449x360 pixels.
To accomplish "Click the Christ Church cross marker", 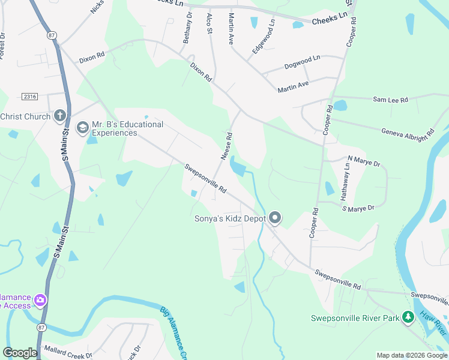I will pyautogui.click(x=59, y=115).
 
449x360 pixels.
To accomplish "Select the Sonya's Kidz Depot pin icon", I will pyautogui.click(x=275, y=218).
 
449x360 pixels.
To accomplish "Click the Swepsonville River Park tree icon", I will pyautogui.click(x=408, y=317).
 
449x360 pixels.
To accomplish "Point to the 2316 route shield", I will pyautogui.click(x=29, y=97).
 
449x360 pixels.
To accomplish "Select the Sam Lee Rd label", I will pyautogui.click(x=390, y=100).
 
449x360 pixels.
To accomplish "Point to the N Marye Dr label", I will pyautogui.click(x=364, y=162).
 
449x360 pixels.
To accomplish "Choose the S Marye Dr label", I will pyautogui.click(x=358, y=208).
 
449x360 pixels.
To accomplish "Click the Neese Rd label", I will pyautogui.click(x=226, y=146).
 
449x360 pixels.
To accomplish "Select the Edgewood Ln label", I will pyautogui.click(x=264, y=37).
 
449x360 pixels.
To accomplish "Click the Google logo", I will pyautogui.click(x=20, y=353).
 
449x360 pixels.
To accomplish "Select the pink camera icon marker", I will pyautogui.click(x=40, y=300).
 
